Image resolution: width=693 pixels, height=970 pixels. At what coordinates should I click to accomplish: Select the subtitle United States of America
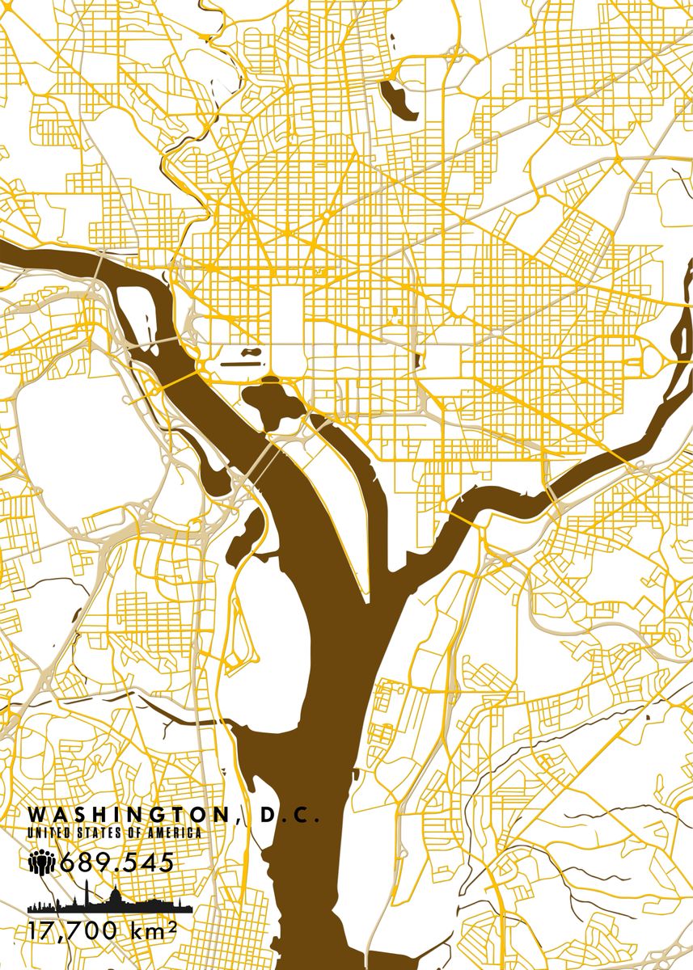114,832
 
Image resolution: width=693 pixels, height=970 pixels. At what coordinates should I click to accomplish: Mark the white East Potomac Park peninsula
340,485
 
